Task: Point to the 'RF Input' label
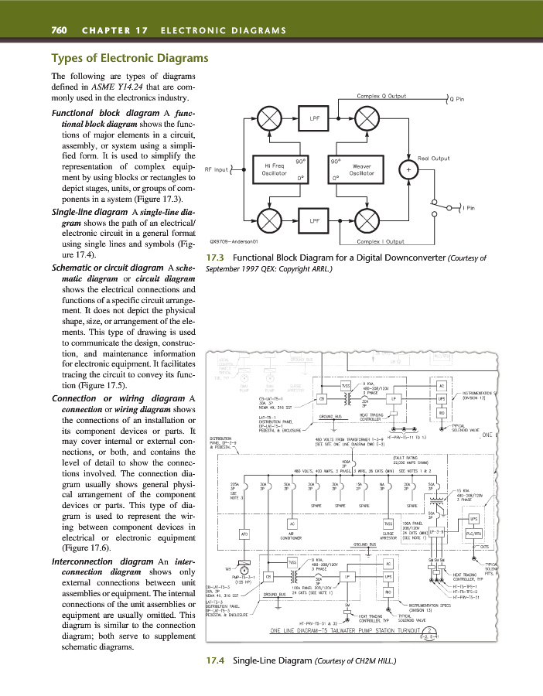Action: click(217, 169)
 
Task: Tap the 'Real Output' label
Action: click(434, 159)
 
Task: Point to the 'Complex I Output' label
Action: click(377, 241)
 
